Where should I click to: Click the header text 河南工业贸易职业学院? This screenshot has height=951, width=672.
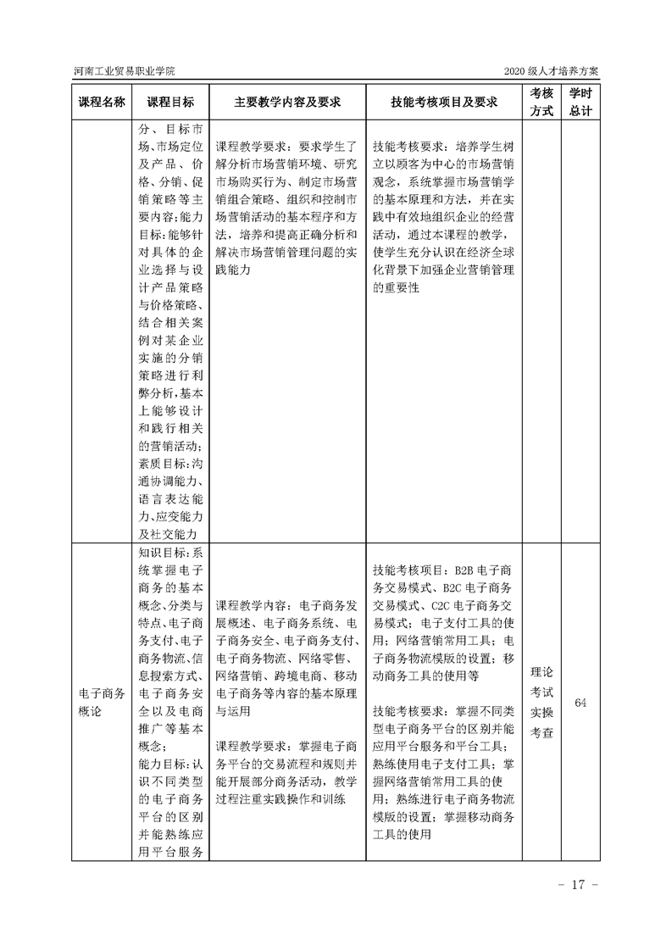[x=123, y=71]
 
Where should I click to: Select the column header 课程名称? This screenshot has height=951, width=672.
[x=102, y=102]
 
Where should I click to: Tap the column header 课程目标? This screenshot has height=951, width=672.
[x=170, y=102]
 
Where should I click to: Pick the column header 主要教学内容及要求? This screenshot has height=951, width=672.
[x=287, y=102]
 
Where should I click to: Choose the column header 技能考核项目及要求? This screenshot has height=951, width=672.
[x=443, y=102]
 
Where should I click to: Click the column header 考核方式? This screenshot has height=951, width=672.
[x=542, y=102]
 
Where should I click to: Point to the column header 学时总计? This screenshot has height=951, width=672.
[x=580, y=102]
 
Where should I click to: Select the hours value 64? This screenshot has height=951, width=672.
[x=581, y=703]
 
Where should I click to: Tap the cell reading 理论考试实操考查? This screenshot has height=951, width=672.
[x=542, y=703]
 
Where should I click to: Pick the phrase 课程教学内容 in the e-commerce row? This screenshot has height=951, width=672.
[x=251, y=605]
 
